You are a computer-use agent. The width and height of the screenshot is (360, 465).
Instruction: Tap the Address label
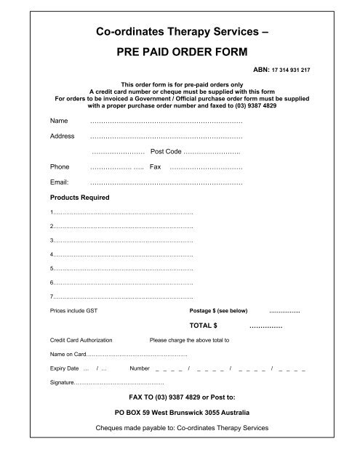click(x=61, y=136)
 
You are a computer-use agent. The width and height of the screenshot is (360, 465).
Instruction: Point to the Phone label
click(x=60, y=166)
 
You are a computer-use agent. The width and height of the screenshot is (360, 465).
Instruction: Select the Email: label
click(x=60, y=182)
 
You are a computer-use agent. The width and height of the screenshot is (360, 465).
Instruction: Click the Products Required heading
click(x=79, y=198)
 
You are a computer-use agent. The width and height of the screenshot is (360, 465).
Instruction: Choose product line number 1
click(x=121, y=213)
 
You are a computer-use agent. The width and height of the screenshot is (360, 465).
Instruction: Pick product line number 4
click(x=121, y=255)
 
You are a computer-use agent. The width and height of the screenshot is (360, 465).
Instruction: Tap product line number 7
click(x=121, y=296)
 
